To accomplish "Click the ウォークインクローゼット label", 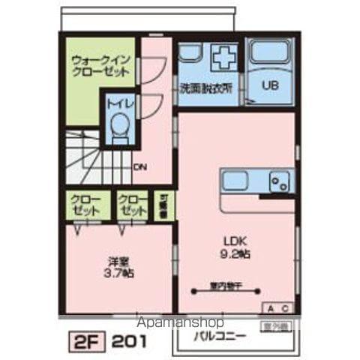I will [100, 66].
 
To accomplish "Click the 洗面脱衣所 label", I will [205, 86].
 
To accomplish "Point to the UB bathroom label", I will [269, 85].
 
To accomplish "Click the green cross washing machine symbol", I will [224, 58].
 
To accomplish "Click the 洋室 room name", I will [118, 262].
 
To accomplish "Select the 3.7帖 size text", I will [118, 274].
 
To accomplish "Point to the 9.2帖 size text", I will [235, 254].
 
